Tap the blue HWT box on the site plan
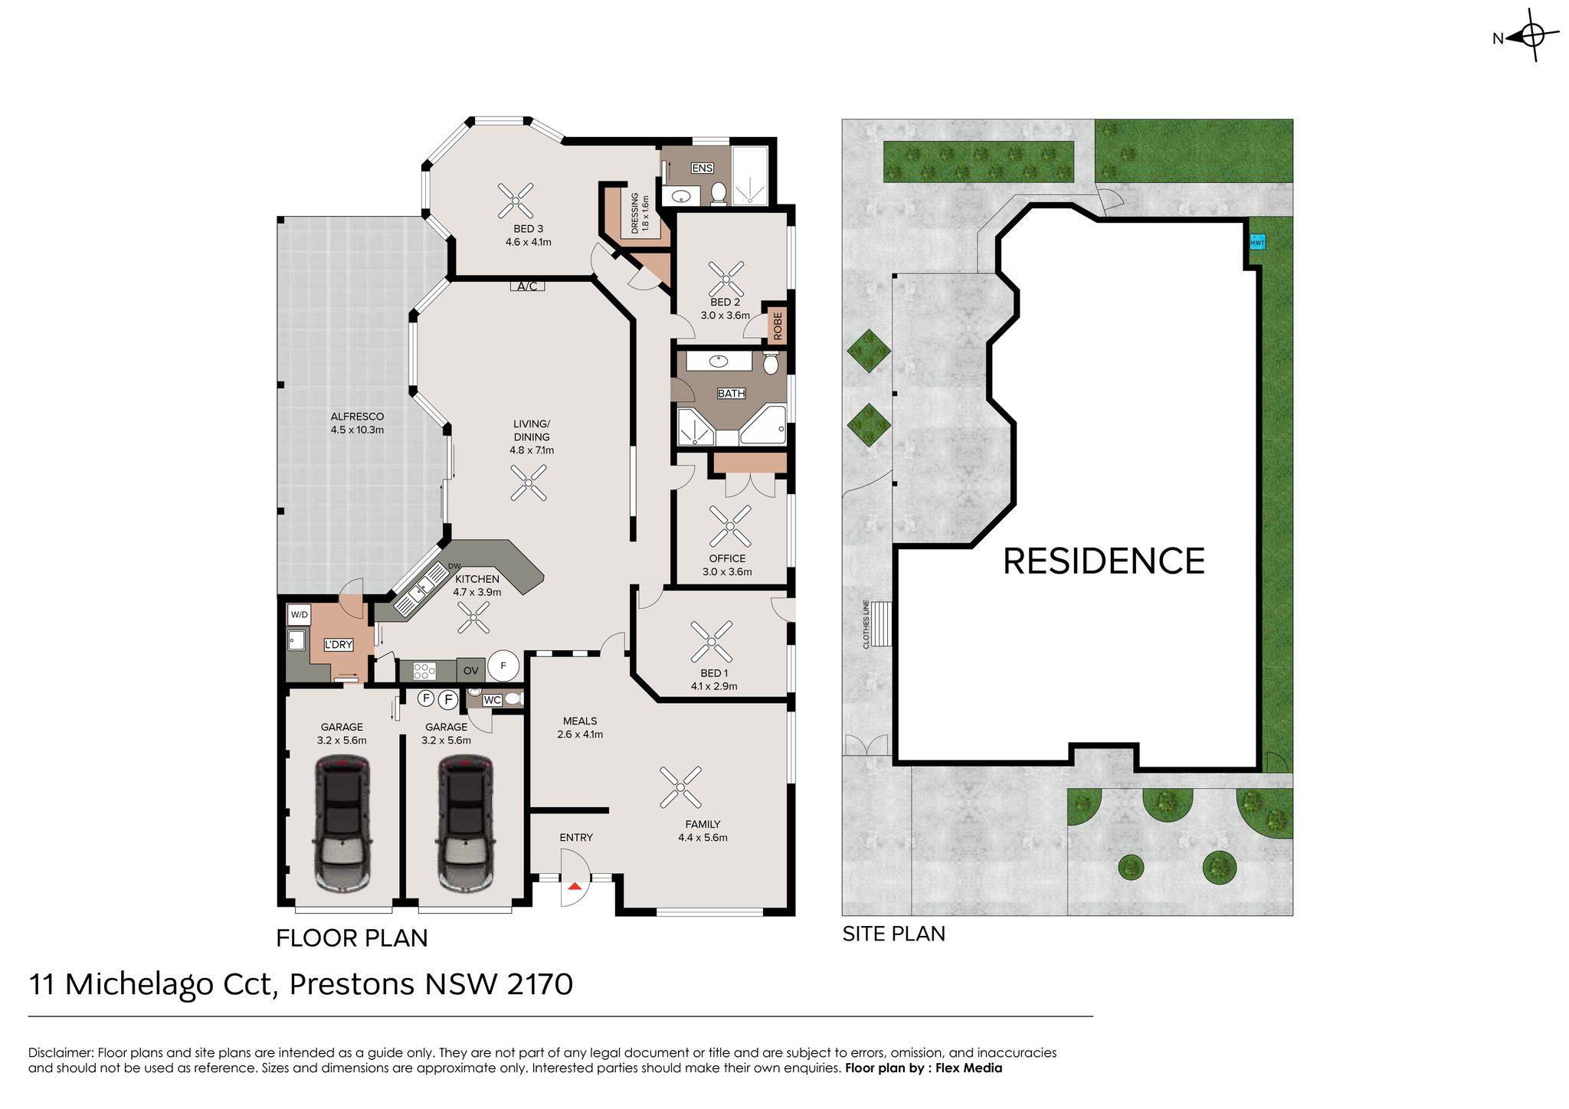tap(1257, 243)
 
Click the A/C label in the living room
tap(527, 286)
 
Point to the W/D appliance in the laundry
tap(300, 614)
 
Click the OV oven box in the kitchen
tap(471, 670)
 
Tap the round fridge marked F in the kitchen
tap(503, 666)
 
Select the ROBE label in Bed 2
tap(778, 326)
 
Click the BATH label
tap(731, 394)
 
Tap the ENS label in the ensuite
tap(702, 168)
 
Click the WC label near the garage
tap(492, 700)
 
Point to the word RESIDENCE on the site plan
tap(1103, 561)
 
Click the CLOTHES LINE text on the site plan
tap(866, 624)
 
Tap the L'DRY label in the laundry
tap(338, 645)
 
